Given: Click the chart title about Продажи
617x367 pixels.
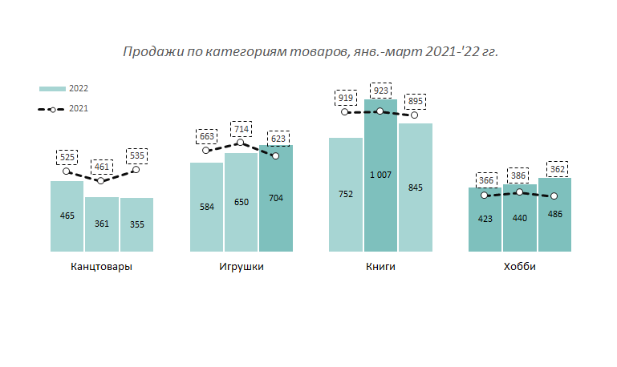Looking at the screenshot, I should (x=311, y=51).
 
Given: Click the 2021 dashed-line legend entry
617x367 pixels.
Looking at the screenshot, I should (x=63, y=108).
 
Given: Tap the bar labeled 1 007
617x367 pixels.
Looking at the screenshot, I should (x=381, y=175).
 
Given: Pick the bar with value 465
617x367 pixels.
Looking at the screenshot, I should (x=67, y=216).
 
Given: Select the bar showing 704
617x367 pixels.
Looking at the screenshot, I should (x=276, y=198).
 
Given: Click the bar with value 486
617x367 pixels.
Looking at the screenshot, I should (x=555, y=215).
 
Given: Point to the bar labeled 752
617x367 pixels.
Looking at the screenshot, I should (x=346, y=194).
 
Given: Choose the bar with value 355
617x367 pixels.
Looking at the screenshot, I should (x=136, y=224).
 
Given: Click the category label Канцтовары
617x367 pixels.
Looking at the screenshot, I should (x=102, y=267).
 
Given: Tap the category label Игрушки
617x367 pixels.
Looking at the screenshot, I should (x=241, y=267).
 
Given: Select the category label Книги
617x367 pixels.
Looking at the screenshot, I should (x=380, y=267).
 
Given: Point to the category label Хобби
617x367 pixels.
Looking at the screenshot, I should (x=520, y=267).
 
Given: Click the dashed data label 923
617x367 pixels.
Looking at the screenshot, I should (x=380, y=90).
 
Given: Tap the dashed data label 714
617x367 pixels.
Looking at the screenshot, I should (x=241, y=129).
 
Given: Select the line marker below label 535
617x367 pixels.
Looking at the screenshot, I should (x=136, y=169).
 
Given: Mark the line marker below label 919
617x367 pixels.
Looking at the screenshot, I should (x=346, y=112).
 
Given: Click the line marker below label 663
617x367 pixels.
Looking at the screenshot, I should (x=206, y=150).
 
